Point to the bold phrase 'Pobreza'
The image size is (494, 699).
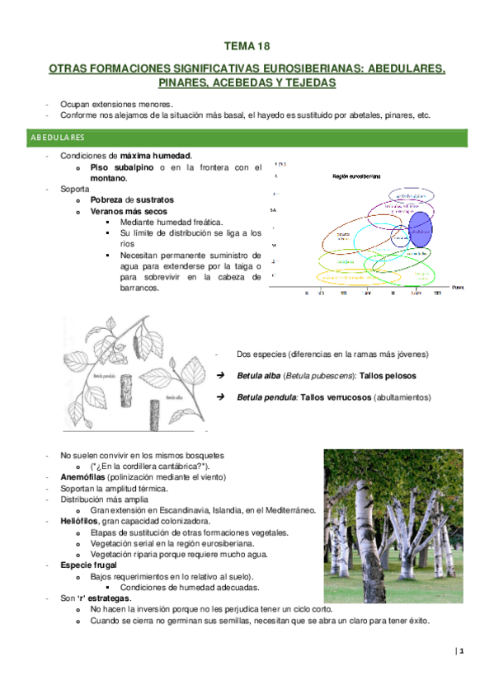click(x=110, y=199)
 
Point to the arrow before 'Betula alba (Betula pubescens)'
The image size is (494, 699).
click(x=220, y=376)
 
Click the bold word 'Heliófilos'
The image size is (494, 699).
click(x=81, y=522)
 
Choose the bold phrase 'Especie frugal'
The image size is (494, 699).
click(x=90, y=565)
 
